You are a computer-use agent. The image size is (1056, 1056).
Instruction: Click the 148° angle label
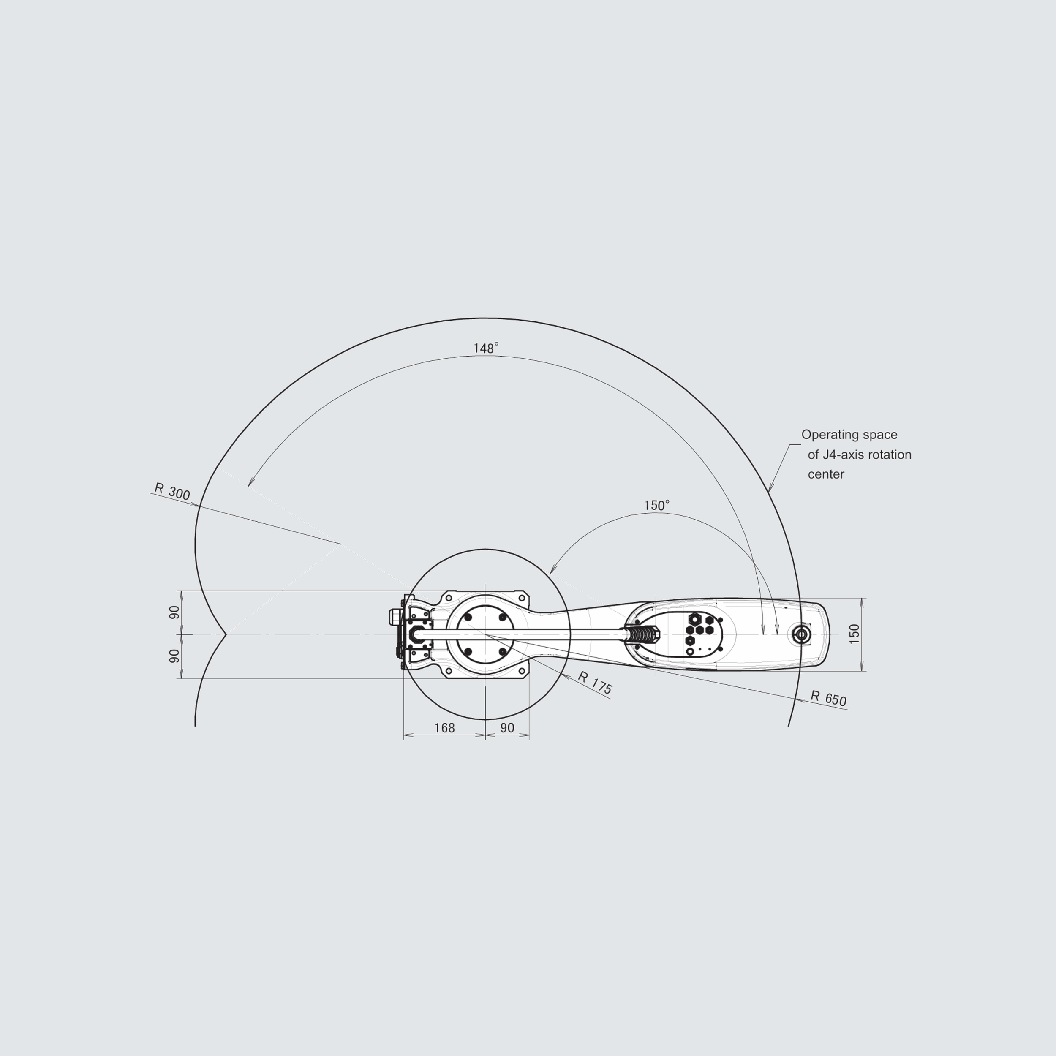486,348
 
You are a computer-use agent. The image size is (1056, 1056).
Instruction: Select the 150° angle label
656,506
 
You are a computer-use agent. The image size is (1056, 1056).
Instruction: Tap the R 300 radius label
172,491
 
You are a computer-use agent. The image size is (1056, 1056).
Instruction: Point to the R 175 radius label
595,683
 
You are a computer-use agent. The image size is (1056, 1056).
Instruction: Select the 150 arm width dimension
855,634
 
